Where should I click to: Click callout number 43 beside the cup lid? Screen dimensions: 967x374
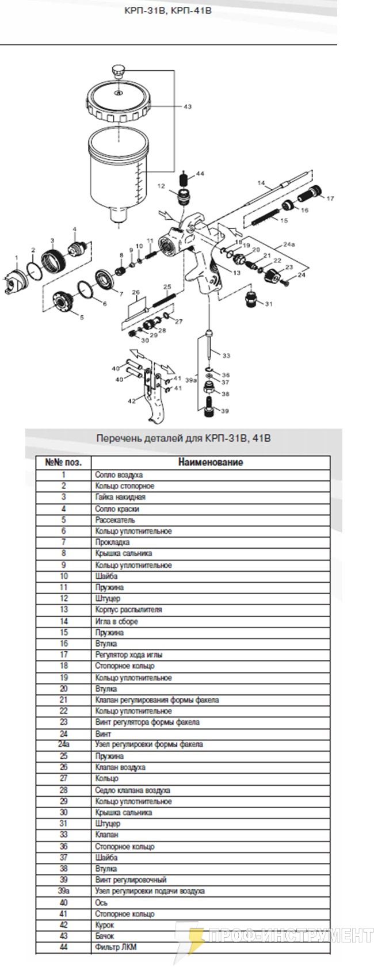[x=187, y=106]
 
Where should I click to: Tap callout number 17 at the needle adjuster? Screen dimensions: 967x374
[x=330, y=198]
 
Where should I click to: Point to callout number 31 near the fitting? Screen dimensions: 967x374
[x=268, y=303]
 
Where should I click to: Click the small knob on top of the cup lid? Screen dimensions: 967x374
[x=119, y=71]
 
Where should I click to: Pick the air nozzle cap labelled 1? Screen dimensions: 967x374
[x=16, y=281]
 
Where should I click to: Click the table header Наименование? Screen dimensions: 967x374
[x=210, y=462]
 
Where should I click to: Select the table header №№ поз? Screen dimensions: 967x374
[x=63, y=462]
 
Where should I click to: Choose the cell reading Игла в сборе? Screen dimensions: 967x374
[x=116, y=621]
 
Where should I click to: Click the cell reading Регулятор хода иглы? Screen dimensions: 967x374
[x=128, y=655]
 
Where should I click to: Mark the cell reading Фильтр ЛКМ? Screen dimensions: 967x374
[x=116, y=947]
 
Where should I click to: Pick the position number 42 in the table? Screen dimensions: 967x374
[x=63, y=924]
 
